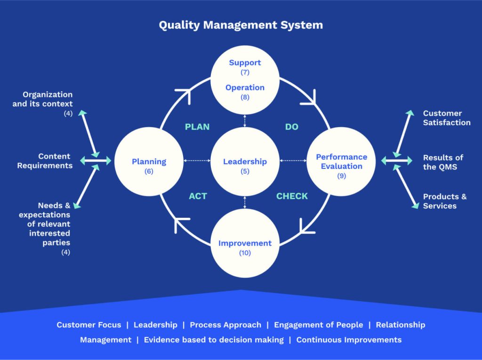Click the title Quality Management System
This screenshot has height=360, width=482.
click(241, 25)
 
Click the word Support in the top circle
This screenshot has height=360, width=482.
click(245, 63)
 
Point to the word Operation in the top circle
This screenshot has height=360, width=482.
click(245, 88)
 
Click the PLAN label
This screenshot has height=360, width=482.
click(197, 127)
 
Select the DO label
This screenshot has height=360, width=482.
click(292, 127)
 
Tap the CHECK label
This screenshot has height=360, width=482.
click(292, 196)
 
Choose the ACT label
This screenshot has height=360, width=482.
click(198, 196)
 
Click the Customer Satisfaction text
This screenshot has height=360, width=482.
click(446, 118)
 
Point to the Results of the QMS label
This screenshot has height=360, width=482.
click(443, 162)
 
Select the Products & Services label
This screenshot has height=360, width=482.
click(444, 201)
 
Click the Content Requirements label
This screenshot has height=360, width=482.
click(45, 161)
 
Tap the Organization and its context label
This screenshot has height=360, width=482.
click(43, 99)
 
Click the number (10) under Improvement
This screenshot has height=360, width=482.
click(245, 253)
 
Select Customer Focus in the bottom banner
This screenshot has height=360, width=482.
click(89, 325)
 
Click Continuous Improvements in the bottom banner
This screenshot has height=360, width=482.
click(349, 340)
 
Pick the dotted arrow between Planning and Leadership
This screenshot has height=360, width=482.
click(197, 161)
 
